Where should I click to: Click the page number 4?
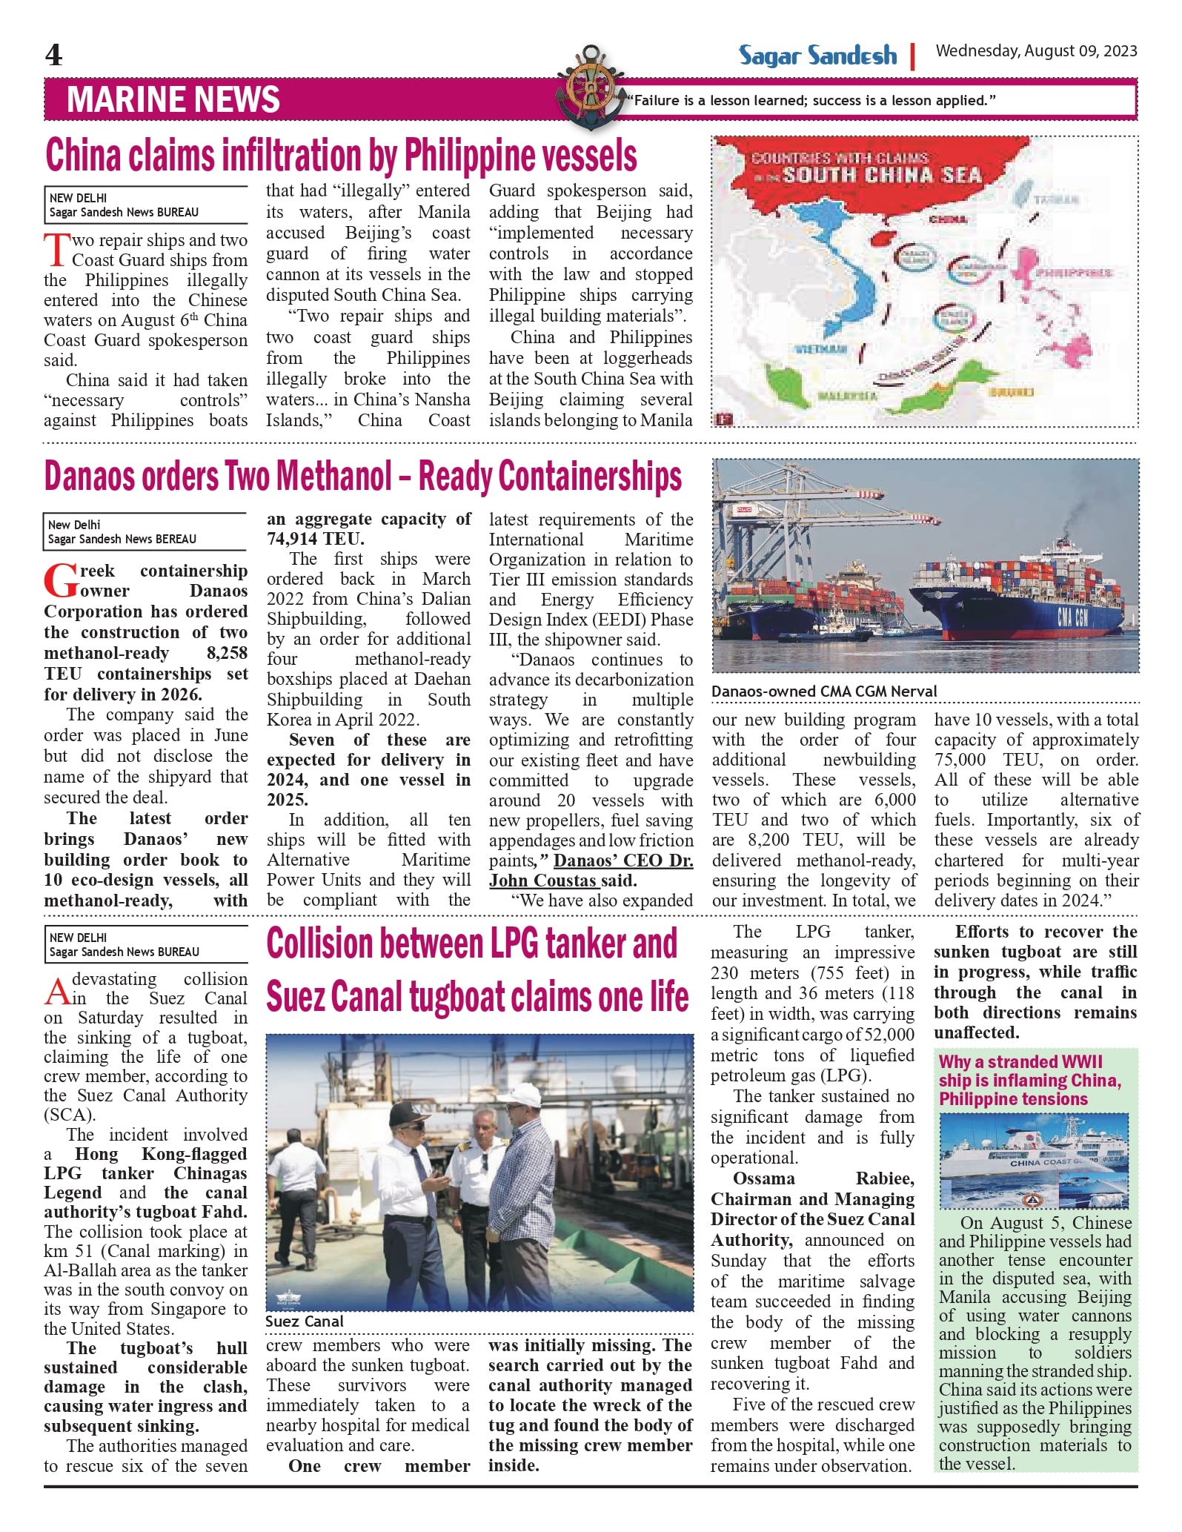[53, 55]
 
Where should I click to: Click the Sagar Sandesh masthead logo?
[817, 56]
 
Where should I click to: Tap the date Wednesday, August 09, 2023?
[1036, 51]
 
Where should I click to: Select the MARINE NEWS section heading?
[173, 100]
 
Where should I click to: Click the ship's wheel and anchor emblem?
[590, 87]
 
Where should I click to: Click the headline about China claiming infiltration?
[341, 156]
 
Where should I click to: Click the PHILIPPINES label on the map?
[1073, 273]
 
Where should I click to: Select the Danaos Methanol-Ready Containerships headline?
[362, 477]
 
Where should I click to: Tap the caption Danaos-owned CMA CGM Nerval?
[824, 692]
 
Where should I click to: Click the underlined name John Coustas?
[542, 881]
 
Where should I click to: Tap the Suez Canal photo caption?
[305, 1322]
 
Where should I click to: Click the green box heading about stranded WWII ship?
[1030, 1080]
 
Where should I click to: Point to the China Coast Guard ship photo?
[1034, 1161]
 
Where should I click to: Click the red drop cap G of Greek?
[59, 581]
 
